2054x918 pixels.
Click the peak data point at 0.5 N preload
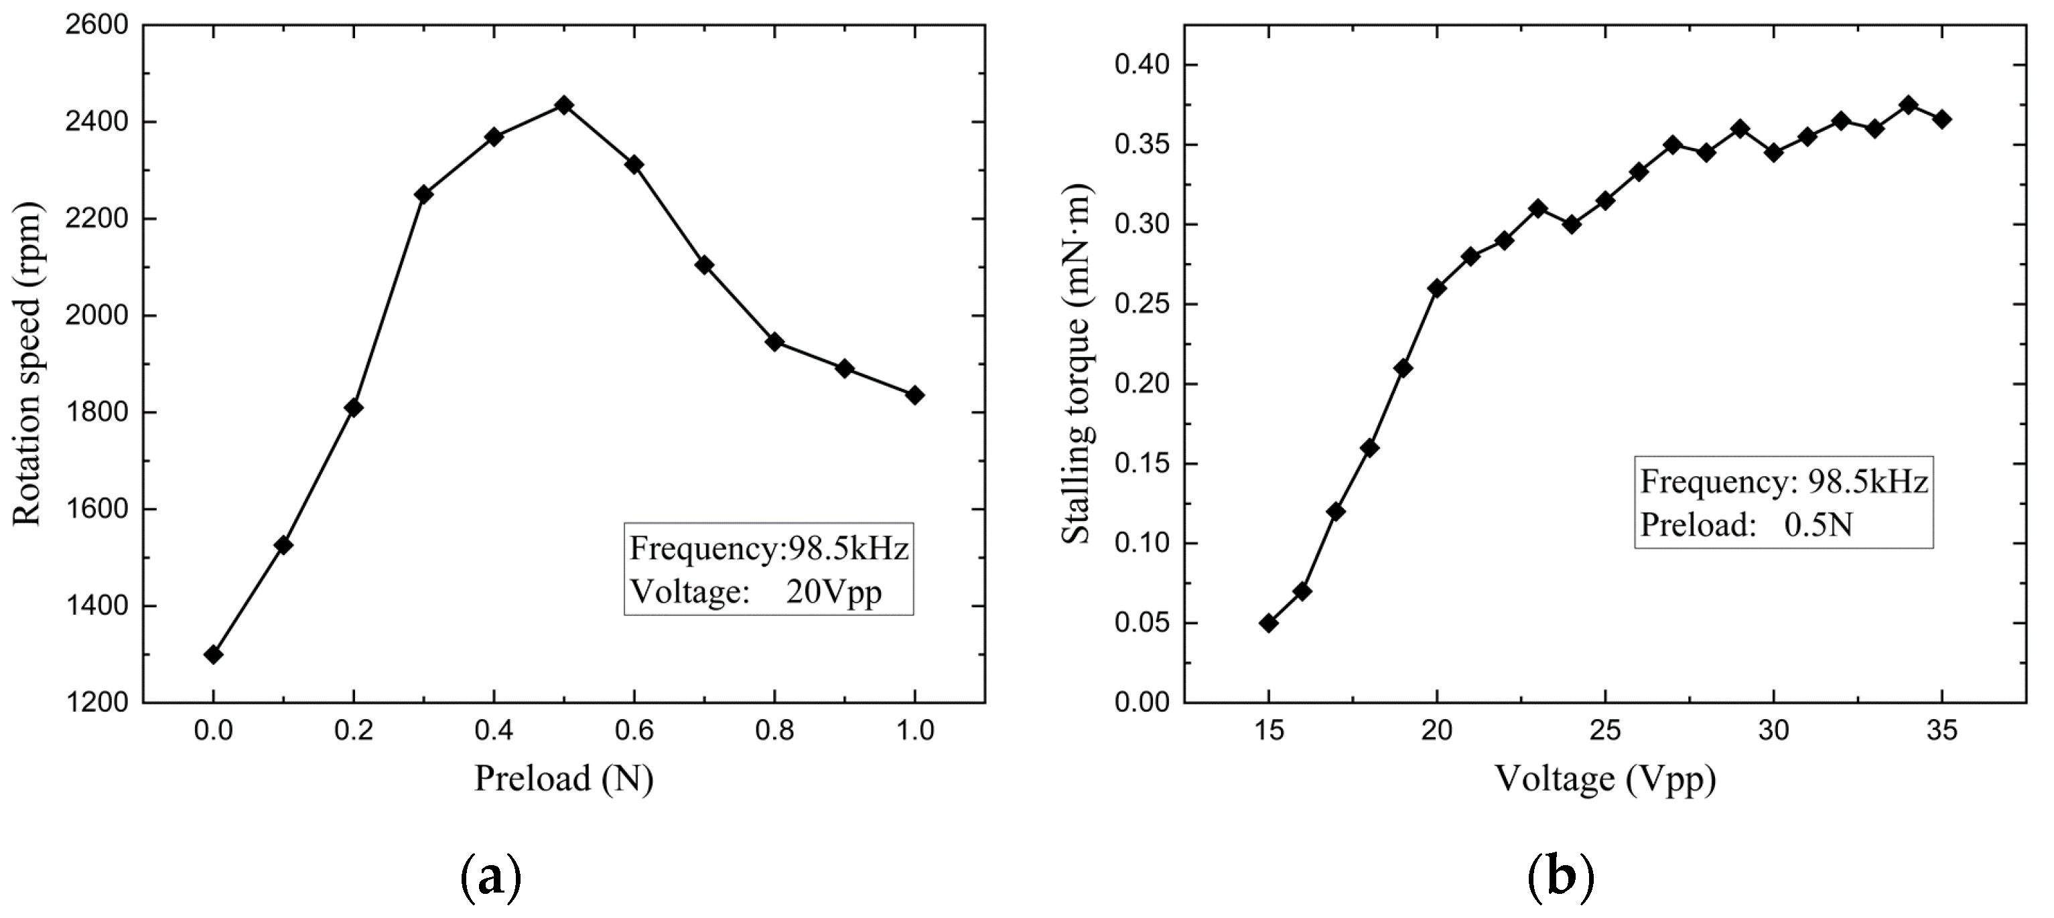coord(563,104)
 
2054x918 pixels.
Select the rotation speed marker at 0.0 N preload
coord(213,654)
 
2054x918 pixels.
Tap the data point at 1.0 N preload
coord(914,394)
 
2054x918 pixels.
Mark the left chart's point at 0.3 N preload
coord(423,194)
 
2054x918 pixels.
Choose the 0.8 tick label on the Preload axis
coord(774,730)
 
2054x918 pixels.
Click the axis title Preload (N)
coord(563,779)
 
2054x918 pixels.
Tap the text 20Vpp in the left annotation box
coord(834,592)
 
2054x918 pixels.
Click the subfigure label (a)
coord(491,876)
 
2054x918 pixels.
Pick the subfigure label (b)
coord(1560,876)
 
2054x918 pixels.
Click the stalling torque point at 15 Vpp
coord(1269,622)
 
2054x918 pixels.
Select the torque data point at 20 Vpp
coord(1437,288)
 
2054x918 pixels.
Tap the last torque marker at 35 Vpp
coord(1941,119)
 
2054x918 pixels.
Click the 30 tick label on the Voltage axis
coord(1773,730)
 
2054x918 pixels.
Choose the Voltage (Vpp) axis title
coord(1604,779)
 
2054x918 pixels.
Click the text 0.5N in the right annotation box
coord(1818,525)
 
